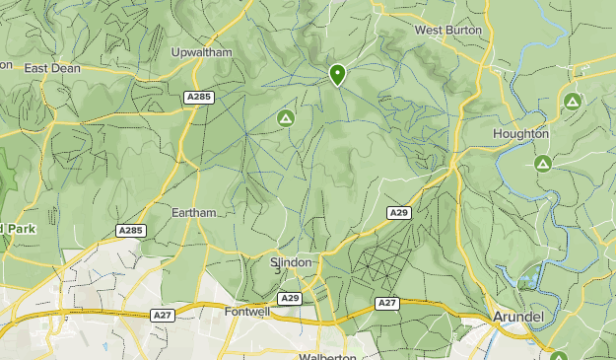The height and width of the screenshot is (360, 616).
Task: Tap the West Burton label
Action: pyautogui.click(x=448, y=30)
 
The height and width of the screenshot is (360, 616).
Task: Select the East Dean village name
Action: pyautogui.click(x=51, y=68)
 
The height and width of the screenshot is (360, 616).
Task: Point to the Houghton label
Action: pyautogui.click(x=521, y=133)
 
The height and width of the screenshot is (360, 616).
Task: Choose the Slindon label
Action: pyautogui.click(x=291, y=262)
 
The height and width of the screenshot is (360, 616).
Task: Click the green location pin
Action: pyautogui.click(x=337, y=74)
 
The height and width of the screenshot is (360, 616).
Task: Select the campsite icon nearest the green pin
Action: pyautogui.click(x=286, y=119)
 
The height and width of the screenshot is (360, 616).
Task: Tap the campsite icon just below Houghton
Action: pyautogui.click(x=542, y=163)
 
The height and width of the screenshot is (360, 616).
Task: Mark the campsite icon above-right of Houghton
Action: pyautogui.click(x=572, y=101)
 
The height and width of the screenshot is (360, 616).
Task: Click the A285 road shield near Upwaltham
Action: pyautogui.click(x=198, y=97)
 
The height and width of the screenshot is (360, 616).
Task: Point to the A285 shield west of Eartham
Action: pyautogui.click(x=130, y=231)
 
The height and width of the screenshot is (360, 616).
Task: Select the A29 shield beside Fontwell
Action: pyautogui.click(x=289, y=298)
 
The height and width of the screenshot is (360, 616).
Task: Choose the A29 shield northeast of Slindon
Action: pyautogui.click(x=398, y=212)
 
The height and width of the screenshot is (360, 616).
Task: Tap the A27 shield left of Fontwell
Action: pyautogui.click(x=164, y=316)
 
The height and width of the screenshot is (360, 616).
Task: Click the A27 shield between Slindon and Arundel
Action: pyautogui.click(x=387, y=304)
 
